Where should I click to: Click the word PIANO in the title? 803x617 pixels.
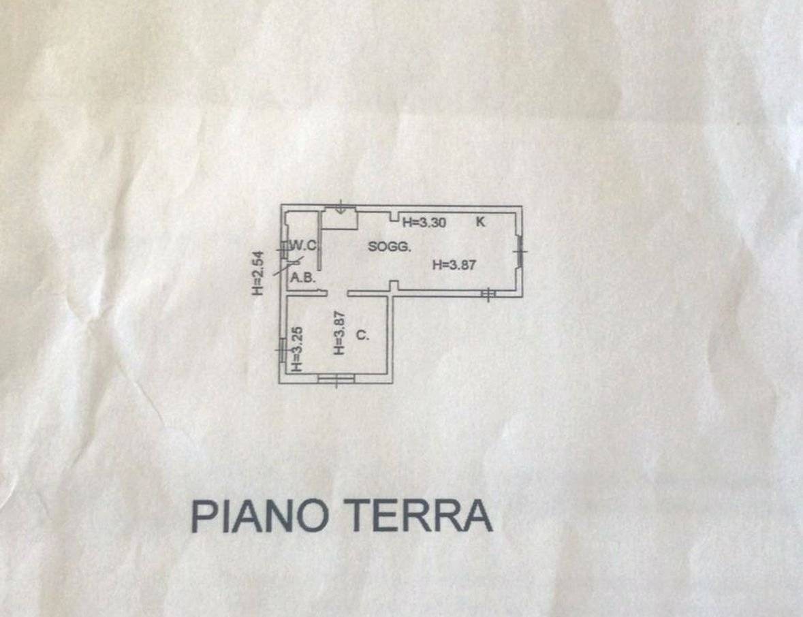pos(259,516)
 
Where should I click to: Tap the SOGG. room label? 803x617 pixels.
pos(390,247)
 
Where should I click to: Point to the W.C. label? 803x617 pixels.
pos(304,245)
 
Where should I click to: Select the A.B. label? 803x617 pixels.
pos(302,279)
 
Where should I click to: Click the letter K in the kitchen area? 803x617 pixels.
pos(480,222)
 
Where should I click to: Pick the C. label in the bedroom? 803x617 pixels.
pos(362,335)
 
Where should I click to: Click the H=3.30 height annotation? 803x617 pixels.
pos(424,222)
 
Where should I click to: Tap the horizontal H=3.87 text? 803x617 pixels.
pos(454,265)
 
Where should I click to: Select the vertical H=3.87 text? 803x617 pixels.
pos(340,333)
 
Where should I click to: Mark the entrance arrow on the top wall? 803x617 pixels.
pos(341,206)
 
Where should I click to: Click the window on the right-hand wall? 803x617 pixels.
pos(520,251)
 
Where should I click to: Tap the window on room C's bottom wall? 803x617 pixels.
pos(336,379)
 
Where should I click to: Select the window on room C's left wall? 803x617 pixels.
pos(283,350)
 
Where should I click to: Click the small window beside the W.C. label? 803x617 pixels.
pos(283,249)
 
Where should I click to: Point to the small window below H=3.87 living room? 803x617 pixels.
pos(488,294)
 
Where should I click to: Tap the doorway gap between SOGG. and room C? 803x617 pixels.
pos(338,294)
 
